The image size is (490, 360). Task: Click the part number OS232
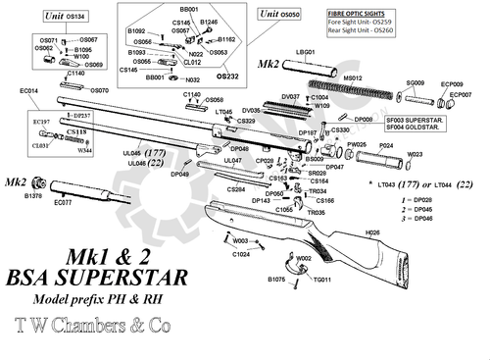(227, 75)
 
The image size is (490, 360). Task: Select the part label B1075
(278, 280)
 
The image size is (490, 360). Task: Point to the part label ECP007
(460, 94)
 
